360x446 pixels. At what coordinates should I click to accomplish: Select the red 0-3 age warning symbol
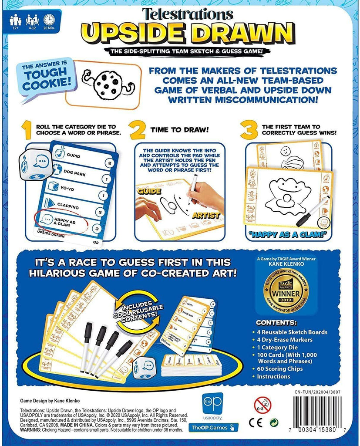262,405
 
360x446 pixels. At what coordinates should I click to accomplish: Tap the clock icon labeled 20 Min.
49,20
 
